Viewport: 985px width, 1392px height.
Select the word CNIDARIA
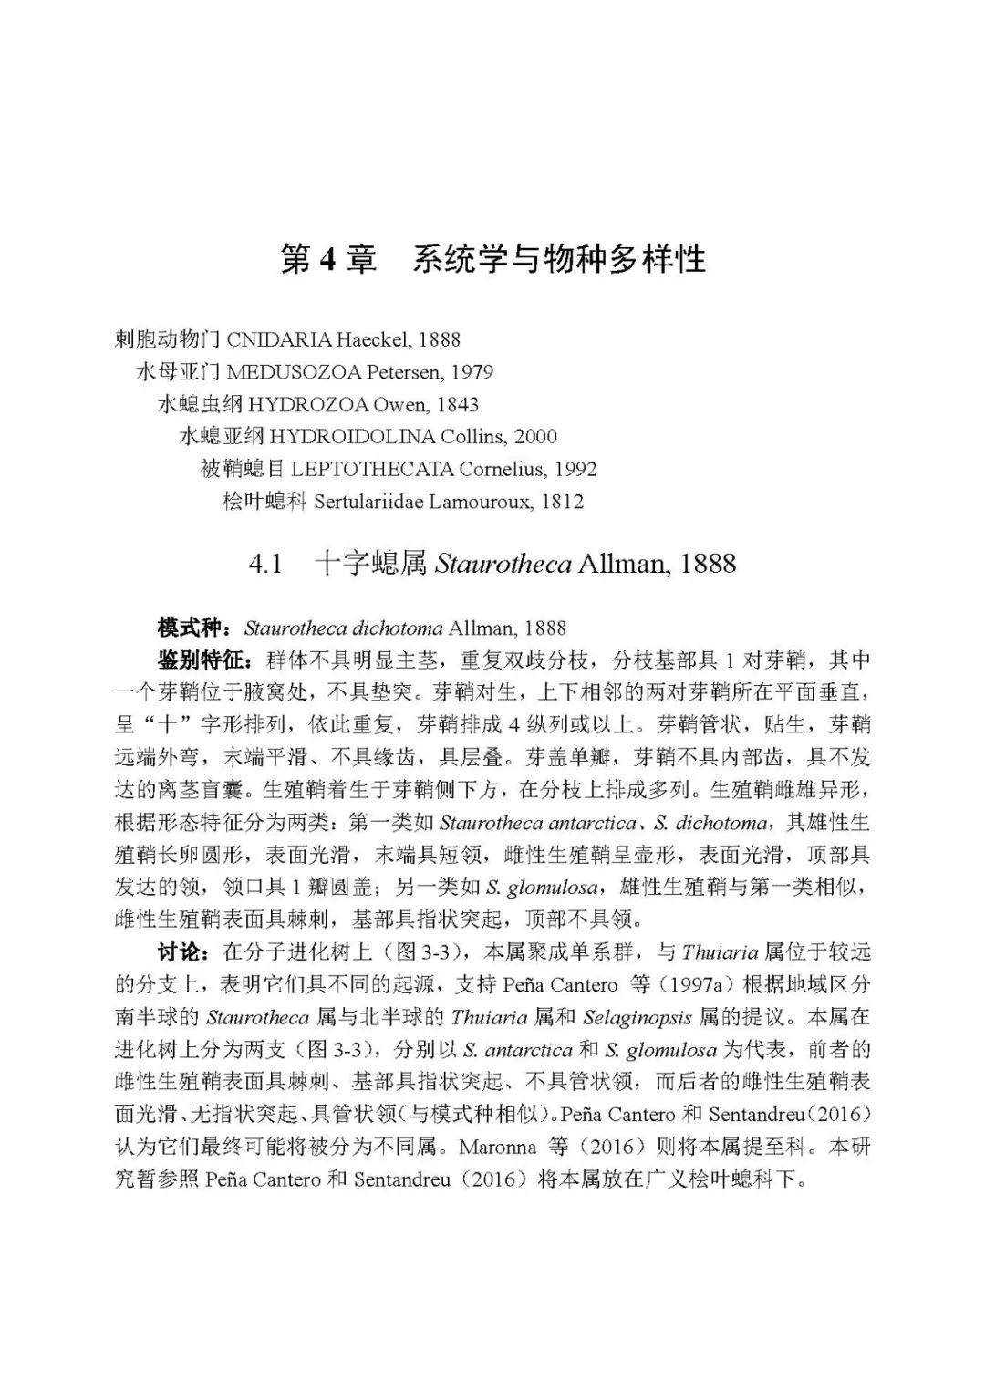coord(279,340)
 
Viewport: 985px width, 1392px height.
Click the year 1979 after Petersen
coord(472,372)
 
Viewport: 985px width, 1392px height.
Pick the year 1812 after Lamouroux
coord(562,502)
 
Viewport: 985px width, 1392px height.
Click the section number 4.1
coord(265,564)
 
